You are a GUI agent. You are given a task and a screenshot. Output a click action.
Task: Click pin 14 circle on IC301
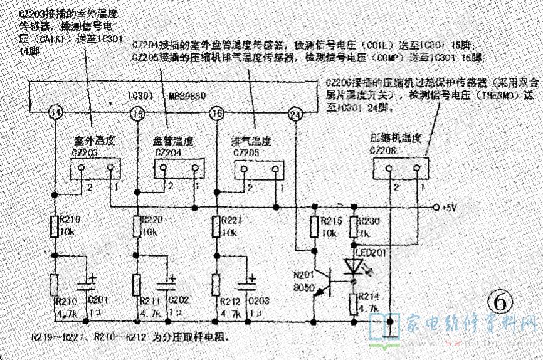click(55, 113)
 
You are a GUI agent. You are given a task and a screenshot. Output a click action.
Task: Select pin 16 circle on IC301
click(216, 113)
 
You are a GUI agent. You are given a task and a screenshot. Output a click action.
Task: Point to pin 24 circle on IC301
click(295, 113)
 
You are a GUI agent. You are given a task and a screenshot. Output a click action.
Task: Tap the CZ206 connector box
click(401, 168)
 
